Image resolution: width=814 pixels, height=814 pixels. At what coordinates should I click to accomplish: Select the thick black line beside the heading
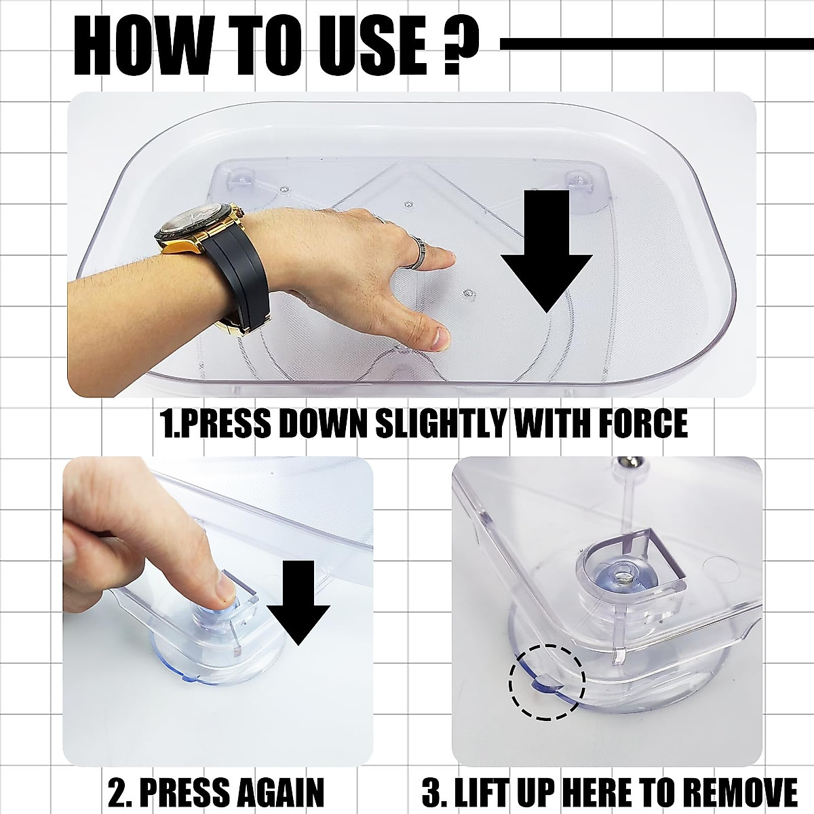coord(657,44)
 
